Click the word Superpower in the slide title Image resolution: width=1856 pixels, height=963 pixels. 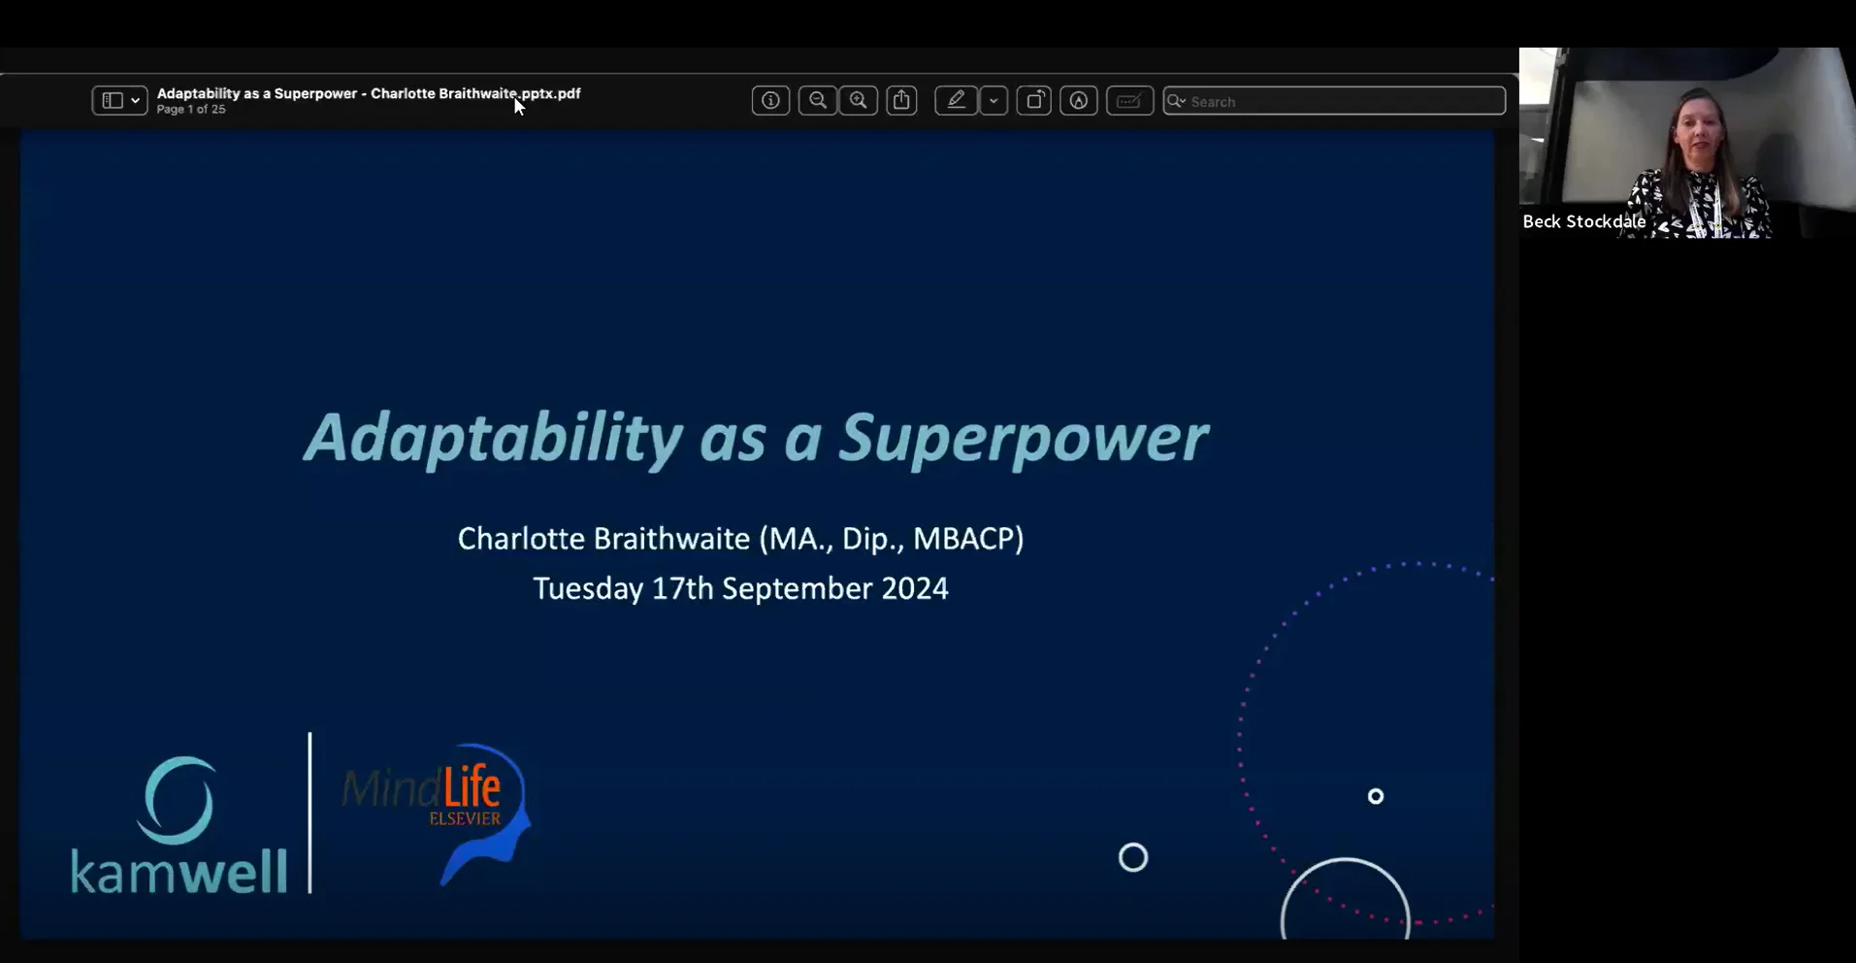coord(1024,439)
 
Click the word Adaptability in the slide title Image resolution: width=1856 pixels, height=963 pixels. coord(494,439)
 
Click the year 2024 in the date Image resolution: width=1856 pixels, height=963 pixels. coord(915,588)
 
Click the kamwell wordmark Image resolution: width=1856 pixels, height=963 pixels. coord(179,870)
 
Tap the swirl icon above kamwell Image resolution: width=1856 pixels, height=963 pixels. coord(176,800)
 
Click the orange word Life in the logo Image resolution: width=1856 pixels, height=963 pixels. coord(472,787)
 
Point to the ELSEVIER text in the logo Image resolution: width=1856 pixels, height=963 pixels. coord(465,818)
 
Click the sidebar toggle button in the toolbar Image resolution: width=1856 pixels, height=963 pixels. coord(119,100)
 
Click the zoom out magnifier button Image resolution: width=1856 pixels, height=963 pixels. coord(818,100)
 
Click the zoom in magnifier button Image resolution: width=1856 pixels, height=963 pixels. coord(859,100)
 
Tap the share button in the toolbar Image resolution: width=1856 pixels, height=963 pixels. coord(901,100)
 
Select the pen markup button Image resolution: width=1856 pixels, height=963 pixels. coord(957,100)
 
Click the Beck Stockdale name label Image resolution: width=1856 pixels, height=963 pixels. coord(1583,221)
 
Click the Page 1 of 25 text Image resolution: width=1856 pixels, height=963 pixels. coord(191,110)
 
